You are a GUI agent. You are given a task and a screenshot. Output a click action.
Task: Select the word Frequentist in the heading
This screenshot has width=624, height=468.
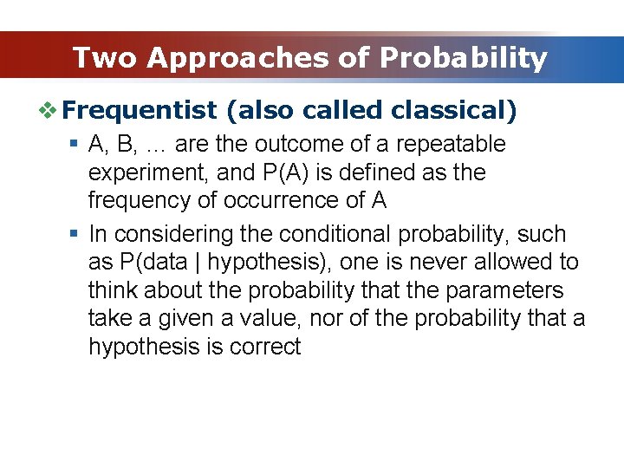point(140,111)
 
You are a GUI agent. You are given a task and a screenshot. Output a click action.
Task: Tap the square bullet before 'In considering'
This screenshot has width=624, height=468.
point(75,234)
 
